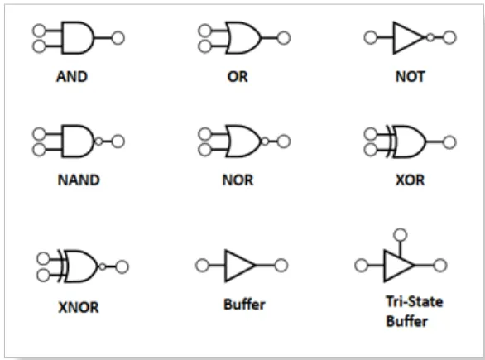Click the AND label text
click(72, 77)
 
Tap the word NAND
click(79, 180)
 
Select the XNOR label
click(79, 307)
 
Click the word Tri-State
click(415, 301)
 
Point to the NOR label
click(238, 180)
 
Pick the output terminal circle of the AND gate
click(118, 38)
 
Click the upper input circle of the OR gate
click(204, 31)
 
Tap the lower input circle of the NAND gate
click(39, 150)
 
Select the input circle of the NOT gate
click(371, 38)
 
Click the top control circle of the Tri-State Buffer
click(401, 235)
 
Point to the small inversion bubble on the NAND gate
click(98, 142)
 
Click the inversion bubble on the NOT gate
click(430, 38)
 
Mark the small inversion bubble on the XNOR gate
click(103, 266)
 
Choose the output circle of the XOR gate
click(449, 142)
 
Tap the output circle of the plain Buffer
click(281, 266)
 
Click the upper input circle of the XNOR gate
click(43, 258)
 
